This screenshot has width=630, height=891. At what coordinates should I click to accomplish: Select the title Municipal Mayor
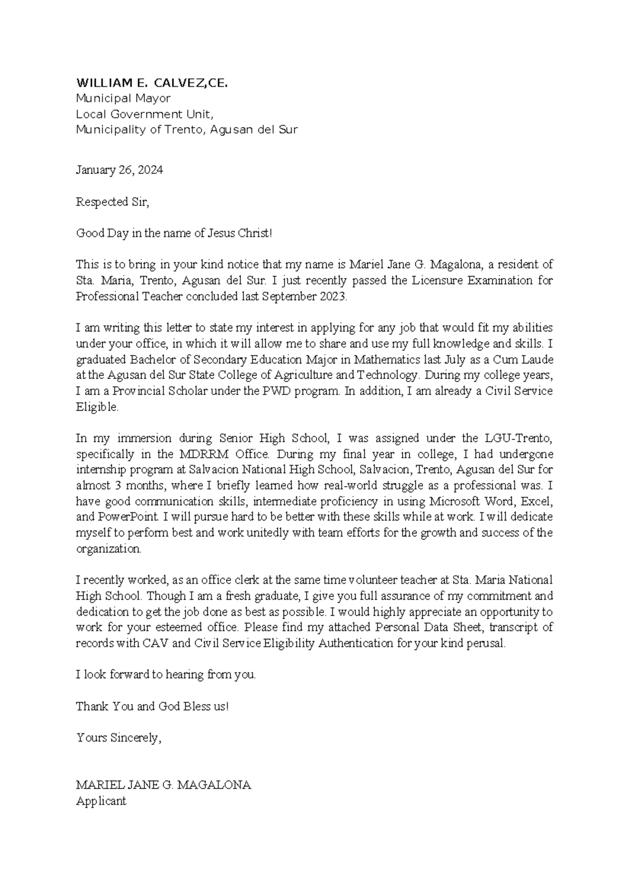tap(123, 98)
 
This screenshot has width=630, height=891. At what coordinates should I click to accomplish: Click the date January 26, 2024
tap(119, 170)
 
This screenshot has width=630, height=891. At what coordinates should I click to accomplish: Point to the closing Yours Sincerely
tap(119, 738)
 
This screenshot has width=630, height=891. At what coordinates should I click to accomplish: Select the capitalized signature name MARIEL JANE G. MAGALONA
tap(163, 785)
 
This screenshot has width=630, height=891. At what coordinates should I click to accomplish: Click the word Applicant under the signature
tap(101, 801)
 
